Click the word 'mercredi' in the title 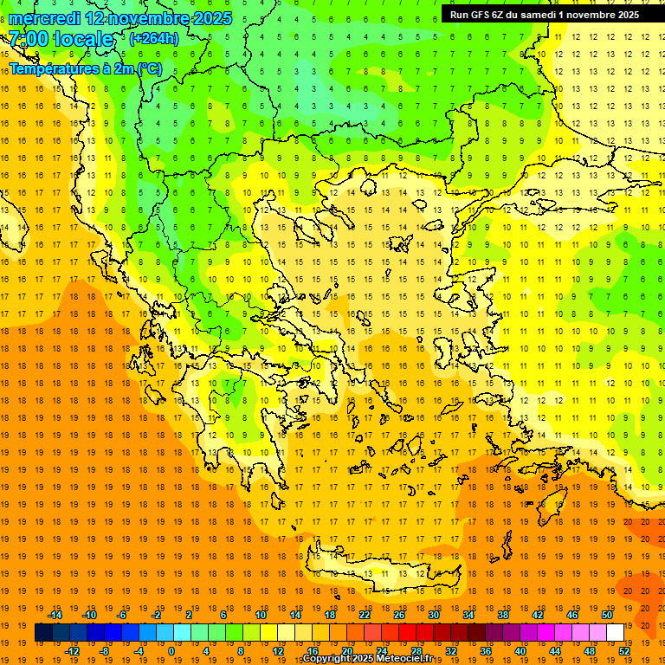pyautogui.click(x=45, y=18)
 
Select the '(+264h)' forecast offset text pyautogui.click(x=154, y=38)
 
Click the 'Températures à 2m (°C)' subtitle pyautogui.click(x=85, y=68)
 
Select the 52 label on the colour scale pyautogui.click(x=624, y=651)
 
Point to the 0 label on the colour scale pyautogui.click(x=171, y=651)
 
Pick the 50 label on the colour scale pyautogui.click(x=606, y=615)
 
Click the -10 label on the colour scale pyautogui.click(x=88, y=615)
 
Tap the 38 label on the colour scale pyautogui.click(x=502, y=615)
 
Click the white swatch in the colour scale pyautogui.click(x=615, y=633)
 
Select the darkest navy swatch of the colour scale pyautogui.click(x=43, y=633)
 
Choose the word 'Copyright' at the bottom pyautogui.click(x=326, y=659)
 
